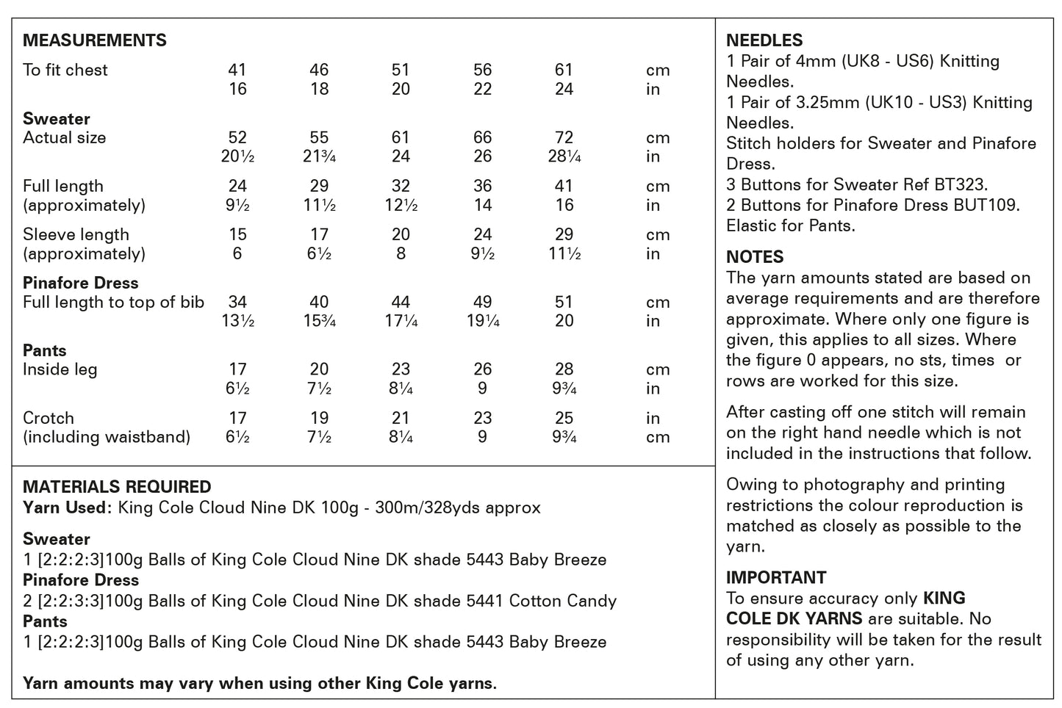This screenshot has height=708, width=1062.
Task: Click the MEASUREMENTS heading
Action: (x=95, y=40)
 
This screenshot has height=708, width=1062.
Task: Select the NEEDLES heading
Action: (x=764, y=40)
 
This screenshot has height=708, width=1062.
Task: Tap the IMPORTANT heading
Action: (x=776, y=577)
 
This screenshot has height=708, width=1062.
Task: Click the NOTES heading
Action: (x=755, y=257)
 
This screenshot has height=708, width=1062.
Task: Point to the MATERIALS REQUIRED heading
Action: (x=117, y=487)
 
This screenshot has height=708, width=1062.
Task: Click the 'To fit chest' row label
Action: (x=65, y=71)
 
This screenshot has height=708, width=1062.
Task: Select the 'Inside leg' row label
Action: (x=60, y=369)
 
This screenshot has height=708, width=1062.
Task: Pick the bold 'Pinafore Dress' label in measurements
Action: (x=81, y=283)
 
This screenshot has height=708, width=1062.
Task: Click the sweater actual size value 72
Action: (x=564, y=138)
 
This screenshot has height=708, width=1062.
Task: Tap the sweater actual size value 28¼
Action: (x=564, y=156)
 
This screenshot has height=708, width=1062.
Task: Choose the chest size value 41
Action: (x=237, y=71)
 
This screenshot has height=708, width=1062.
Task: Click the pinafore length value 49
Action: (x=482, y=302)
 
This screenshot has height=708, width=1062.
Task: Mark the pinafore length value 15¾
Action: (x=319, y=321)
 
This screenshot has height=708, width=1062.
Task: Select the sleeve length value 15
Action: (x=237, y=235)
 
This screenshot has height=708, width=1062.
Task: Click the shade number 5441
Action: (x=484, y=601)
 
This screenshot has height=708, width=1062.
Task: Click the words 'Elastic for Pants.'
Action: (x=791, y=225)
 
